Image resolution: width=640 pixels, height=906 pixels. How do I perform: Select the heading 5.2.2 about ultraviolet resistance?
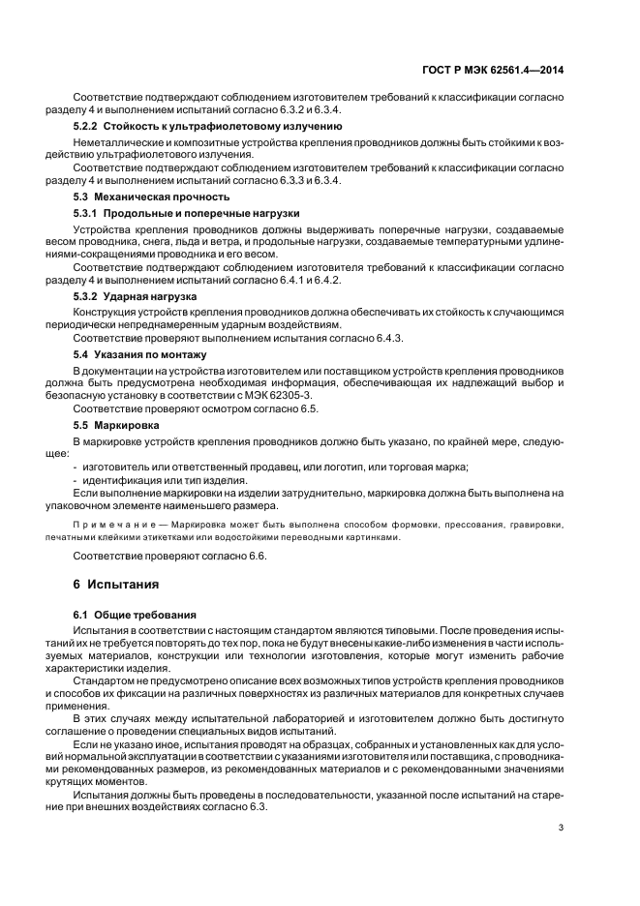(x=207, y=126)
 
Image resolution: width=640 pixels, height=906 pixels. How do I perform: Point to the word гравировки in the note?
(x=535, y=525)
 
